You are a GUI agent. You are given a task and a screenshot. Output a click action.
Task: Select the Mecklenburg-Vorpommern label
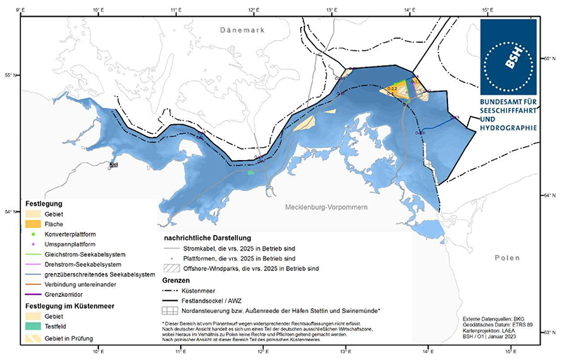(x=327, y=208)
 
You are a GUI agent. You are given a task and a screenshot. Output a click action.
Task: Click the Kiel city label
(x=114, y=166)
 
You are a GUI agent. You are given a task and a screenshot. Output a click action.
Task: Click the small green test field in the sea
(x=250, y=172)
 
